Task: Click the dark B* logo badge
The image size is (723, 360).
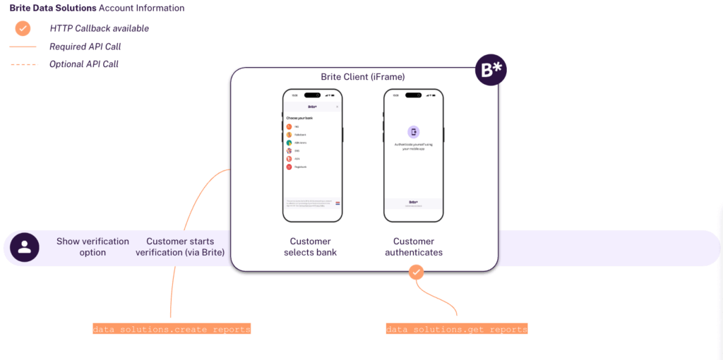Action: tap(491, 70)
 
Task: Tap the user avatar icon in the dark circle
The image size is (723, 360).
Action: tap(25, 247)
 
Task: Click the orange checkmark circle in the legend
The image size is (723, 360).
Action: tap(23, 28)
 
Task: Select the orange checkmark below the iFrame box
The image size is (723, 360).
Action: tap(417, 271)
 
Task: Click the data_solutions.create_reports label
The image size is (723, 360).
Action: tap(172, 329)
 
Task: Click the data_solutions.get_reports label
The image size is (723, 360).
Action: tap(457, 329)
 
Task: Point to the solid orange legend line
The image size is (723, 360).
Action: tap(23, 47)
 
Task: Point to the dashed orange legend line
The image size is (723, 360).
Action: tap(23, 64)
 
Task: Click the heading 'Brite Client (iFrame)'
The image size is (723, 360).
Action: tap(363, 77)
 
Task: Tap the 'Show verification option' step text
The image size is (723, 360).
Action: tap(92, 247)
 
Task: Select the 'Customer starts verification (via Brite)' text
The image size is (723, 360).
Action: tap(180, 247)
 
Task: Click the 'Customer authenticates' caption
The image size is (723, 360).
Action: tap(414, 247)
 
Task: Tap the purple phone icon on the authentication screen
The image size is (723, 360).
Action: tap(414, 132)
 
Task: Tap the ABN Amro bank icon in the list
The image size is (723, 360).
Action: tap(289, 142)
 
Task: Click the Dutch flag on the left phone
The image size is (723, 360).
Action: tap(337, 203)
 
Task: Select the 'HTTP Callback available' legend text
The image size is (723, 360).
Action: tap(99, 29)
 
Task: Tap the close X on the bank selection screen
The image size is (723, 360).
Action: tap(337, 107)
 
